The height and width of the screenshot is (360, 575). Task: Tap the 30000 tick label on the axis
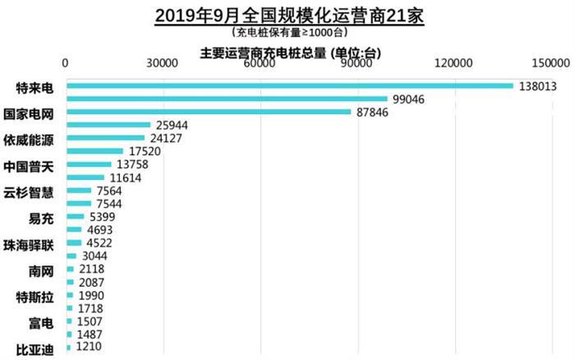coord(163,64)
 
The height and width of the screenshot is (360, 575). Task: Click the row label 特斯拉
coord(35,296)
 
